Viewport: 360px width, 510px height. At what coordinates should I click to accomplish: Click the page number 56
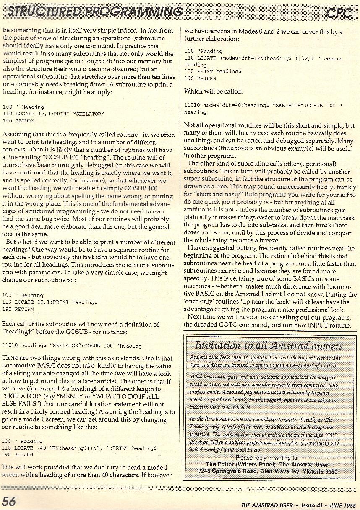click(x=9, y=501)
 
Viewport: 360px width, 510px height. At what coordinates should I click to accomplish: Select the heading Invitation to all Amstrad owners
click(x=269, y=346)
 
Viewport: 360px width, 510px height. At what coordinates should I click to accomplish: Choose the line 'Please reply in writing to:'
click(x=267, y=458)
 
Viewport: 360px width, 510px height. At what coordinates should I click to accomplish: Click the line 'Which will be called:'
click(x=213, y=91)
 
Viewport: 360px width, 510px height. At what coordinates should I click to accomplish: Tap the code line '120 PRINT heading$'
click(x=213, y=72)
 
